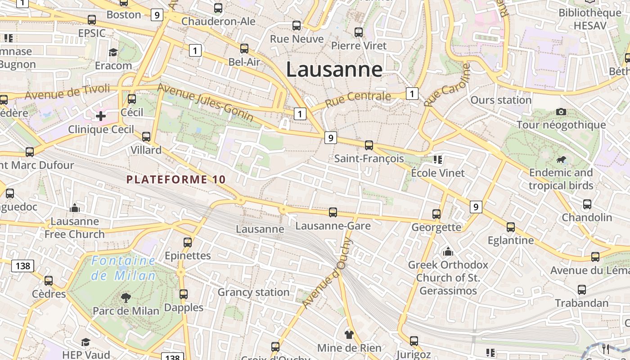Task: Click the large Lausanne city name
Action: tap(334, 70)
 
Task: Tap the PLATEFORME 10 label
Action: tap(176, 180)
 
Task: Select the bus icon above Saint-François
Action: tap(369, 145)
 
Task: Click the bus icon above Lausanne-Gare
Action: tap(333, 212)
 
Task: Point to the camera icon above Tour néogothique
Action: tap(561, 112)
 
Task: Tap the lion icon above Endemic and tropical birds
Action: tap(561, 159)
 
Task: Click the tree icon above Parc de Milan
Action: tap(126, 297)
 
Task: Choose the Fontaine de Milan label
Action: tap(123, 268)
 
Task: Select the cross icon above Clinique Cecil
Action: tap(101, 117)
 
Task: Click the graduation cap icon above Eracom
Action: tap(113, 53)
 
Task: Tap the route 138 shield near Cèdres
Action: tap(23, 266)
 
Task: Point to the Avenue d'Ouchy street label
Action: tap(328, 274)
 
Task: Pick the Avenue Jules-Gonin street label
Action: tap(205, 102)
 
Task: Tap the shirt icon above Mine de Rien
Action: tap(349, 334)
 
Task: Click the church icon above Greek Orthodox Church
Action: tap(448, 251)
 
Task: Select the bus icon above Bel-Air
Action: tap(244, 48)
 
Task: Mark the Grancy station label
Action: tap(253, 292)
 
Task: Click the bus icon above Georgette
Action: tap(436, 214)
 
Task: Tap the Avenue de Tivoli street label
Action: tap(67, 92)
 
